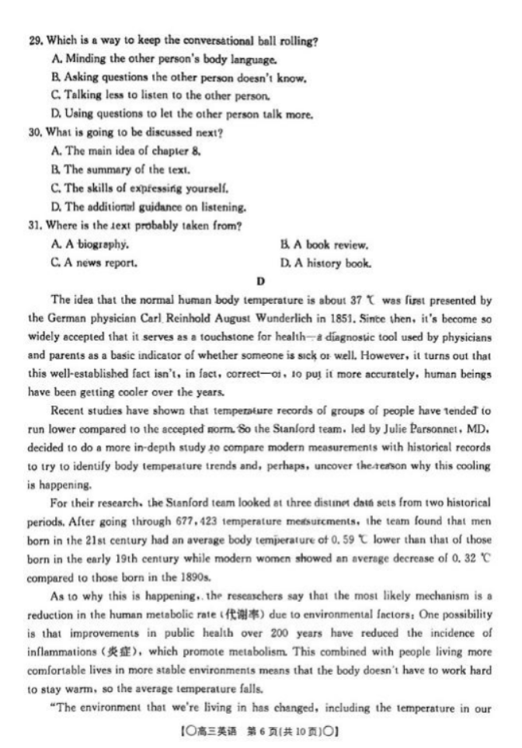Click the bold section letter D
point(260,280)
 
